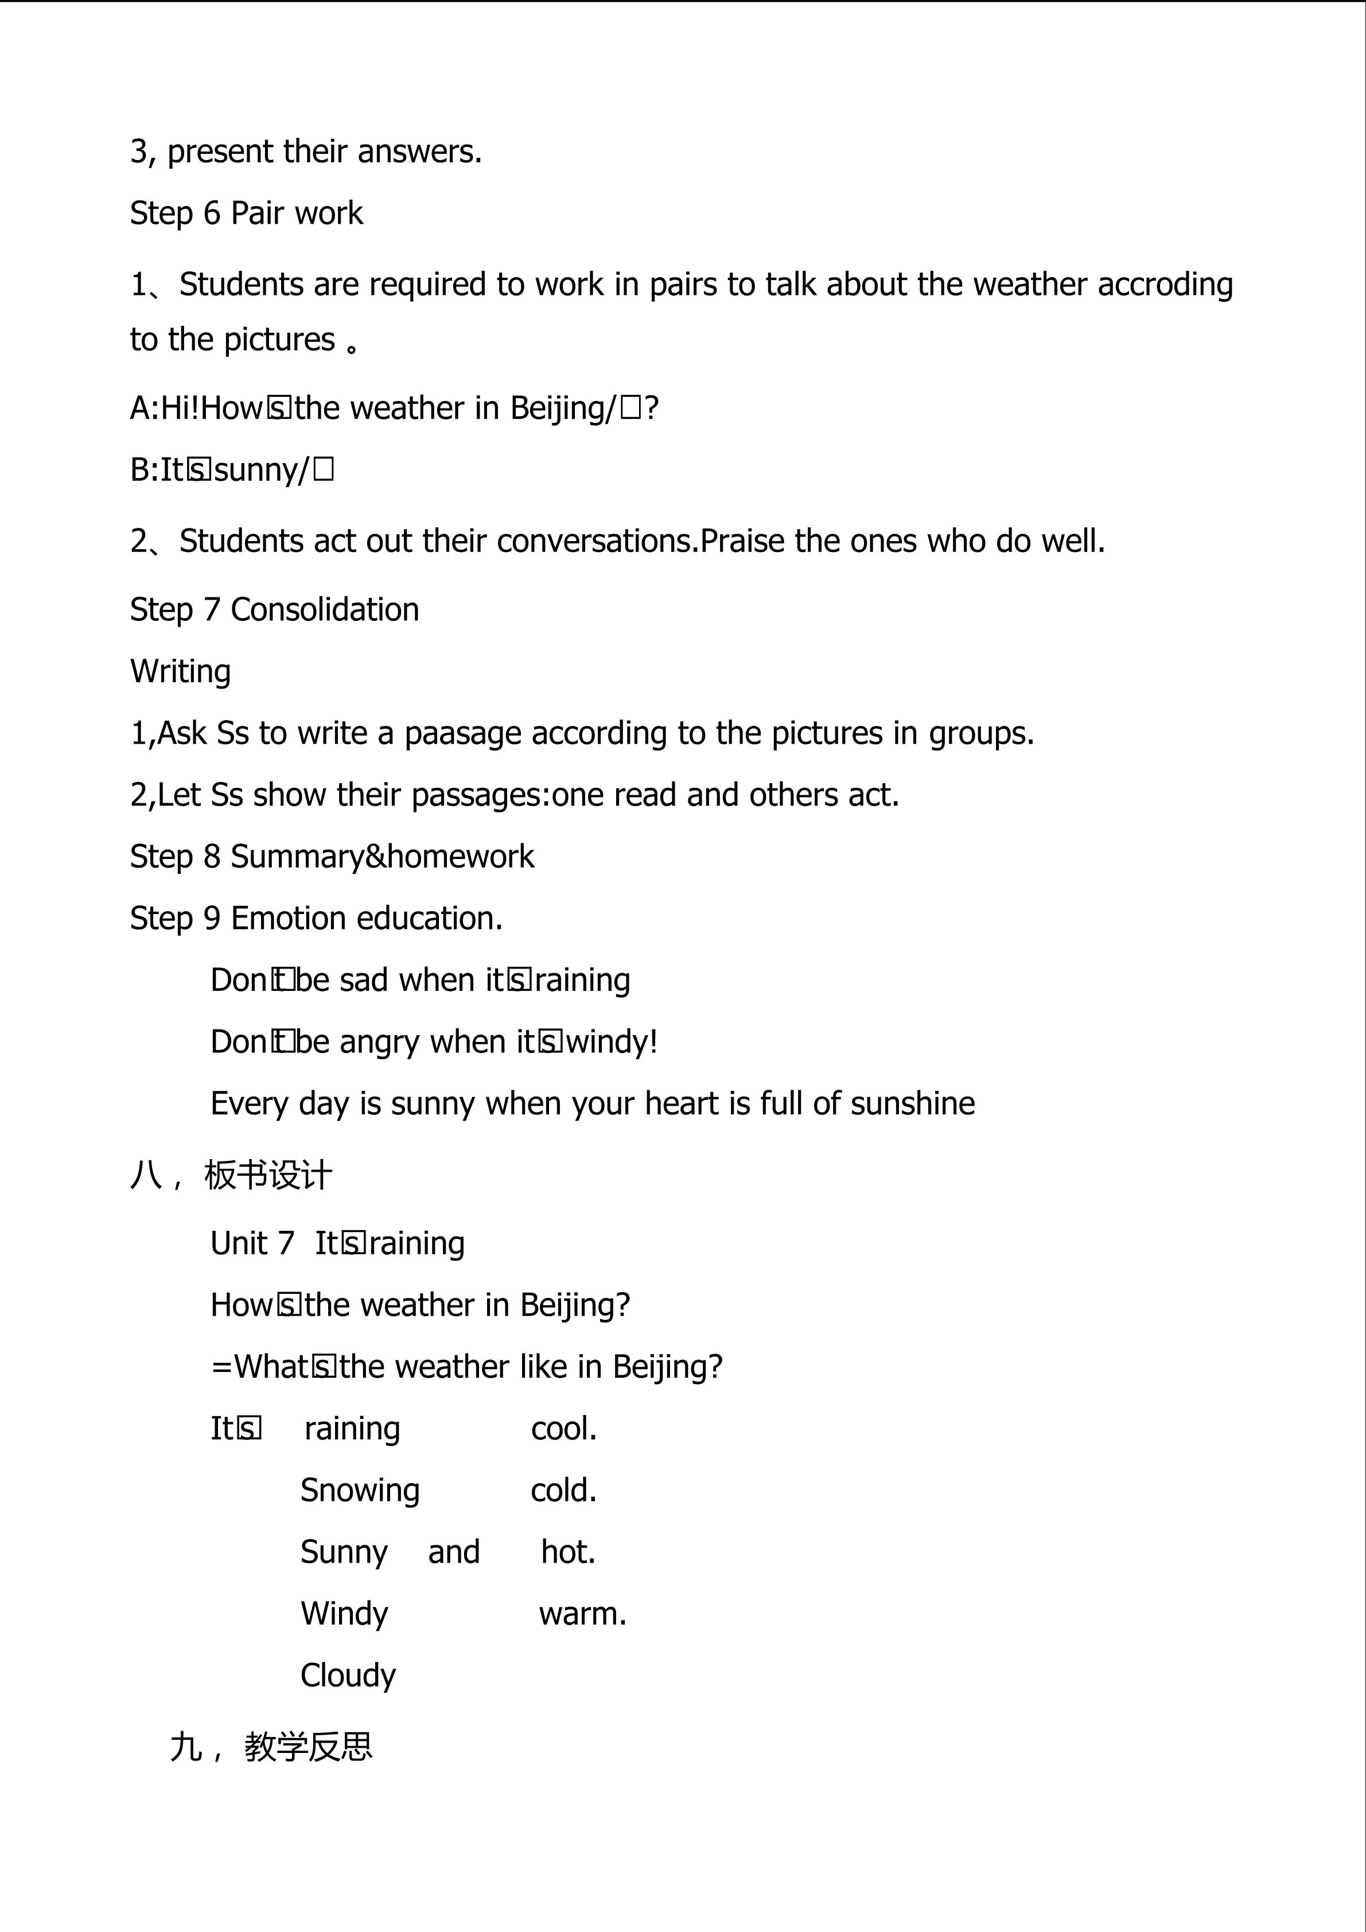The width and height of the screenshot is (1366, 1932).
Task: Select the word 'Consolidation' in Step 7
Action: [325, 610]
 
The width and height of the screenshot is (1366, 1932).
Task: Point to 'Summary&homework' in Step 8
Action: [382, 857]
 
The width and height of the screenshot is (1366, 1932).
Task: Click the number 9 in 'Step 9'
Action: [212, 918]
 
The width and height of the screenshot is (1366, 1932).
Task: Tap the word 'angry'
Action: [379, 1043]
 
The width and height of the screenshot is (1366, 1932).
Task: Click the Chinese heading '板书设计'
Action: [268, 1176]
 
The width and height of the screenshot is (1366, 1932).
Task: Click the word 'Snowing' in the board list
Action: [360, 1490]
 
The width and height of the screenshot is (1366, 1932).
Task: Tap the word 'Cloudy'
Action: [348, 1676]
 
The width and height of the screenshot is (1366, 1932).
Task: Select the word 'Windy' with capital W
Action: [344, 1614]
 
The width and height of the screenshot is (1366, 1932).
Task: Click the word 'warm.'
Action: [583, 1614]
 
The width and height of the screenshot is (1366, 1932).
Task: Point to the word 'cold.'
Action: [563, 1490]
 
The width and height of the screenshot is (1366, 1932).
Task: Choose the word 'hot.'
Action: [568, 1553]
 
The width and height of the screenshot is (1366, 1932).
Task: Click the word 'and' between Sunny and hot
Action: [453, 1553]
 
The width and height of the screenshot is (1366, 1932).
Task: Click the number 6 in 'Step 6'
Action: [212, 213]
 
